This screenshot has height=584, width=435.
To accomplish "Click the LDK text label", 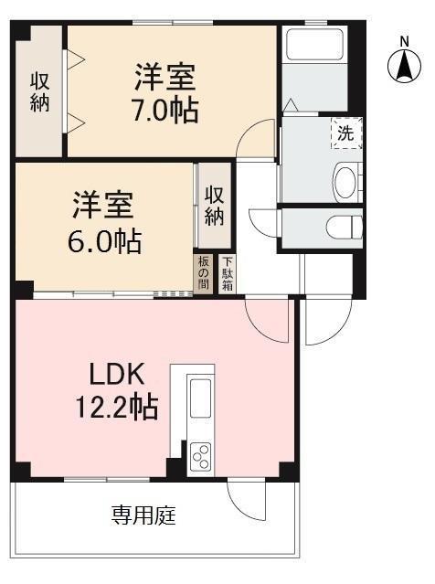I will pyautogui.click(x=117, y=374).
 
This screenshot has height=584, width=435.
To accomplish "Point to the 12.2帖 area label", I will pyautogui.click(x=116, y=406).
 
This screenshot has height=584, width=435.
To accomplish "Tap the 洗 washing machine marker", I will pyautogui.click(x=345, y=133).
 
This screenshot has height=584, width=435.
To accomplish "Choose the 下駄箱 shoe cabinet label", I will pyautogui.click(x=226, y=274).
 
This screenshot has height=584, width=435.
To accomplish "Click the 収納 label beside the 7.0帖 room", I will pyautogui.click(x=38, y=90).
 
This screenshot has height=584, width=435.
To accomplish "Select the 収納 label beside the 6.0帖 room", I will pyautogui.click(x=215, y=206).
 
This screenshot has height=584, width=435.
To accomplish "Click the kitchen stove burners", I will pyautogui.click(x=200, y=454).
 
